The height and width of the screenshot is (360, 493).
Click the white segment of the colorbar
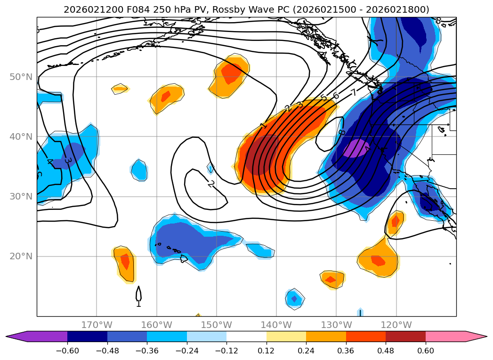pos(246,336)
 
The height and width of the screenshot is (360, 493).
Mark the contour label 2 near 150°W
pos(211,184)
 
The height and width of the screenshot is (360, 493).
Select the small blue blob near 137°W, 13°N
pos(294,298)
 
